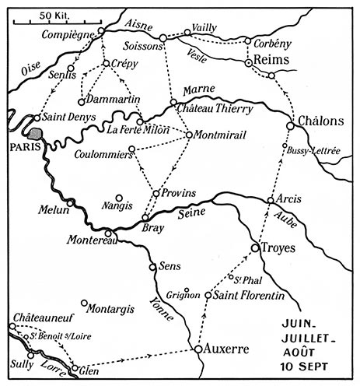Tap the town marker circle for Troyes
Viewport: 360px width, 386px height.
(254, 247)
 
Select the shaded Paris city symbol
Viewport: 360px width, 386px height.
(36, 124)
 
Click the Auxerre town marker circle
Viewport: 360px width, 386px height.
(198, 349)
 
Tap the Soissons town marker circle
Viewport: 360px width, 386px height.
(163, 37)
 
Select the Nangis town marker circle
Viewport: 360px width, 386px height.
(118, 197)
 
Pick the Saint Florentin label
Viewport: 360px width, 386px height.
(243, 295)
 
